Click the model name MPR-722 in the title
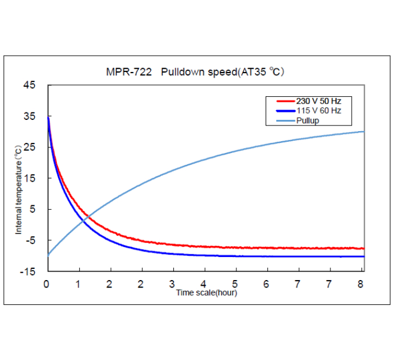coord(128,72)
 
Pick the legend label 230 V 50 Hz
coord(319,101)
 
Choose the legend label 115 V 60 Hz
coord(319,111)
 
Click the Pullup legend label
coord(308,120)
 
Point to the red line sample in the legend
coord(282,101)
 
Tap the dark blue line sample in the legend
coord(282,111)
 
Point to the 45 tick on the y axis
coord(29,85)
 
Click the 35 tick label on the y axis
coord(29,116)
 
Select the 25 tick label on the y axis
coord(29,147)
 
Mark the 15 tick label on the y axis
coord(29,178)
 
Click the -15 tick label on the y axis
coord(28,271)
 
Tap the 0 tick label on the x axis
coord(47,283)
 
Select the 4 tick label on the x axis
coord(204,283)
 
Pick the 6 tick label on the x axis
coord(267,283)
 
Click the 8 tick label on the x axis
coord(361,283)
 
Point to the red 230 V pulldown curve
coord(169,244)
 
